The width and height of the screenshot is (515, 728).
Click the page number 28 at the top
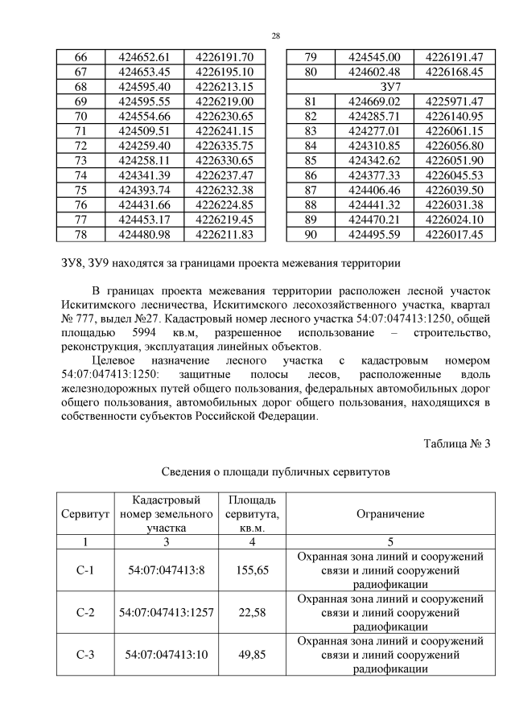click(x=276, y=36)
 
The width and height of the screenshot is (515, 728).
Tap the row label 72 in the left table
click(x=80, y=146)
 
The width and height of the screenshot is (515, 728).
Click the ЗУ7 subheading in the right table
click(x=390, y=86)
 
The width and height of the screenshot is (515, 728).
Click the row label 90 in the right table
click(x=311, y=234)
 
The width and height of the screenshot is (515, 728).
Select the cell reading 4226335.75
click(x=224, y=146)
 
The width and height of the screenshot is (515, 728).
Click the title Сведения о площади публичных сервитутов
click(x=276, y=473)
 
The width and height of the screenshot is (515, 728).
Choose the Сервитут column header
click(x=80, y=514)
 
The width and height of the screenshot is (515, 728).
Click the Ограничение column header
click(x=390, y=514)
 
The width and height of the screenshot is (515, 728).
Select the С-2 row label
click(x=85, y=613)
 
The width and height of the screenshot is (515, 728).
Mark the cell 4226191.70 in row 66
click(x=224, y=57)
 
